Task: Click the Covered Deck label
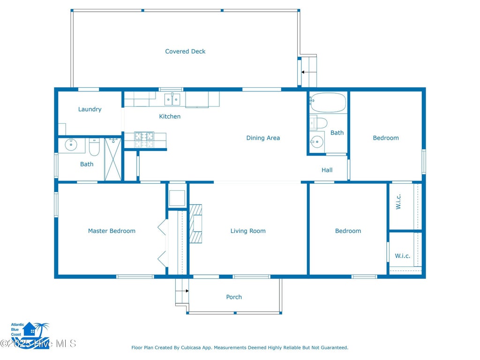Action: (185, 52)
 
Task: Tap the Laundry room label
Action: (90, 109)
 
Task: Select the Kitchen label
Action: (170, 116)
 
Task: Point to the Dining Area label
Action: (263, 138)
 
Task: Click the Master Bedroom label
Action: (112, 231)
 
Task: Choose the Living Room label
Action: (248, 231)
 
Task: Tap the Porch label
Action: (234, 297)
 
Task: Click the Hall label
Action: (327, 170)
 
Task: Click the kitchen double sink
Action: (172, 99)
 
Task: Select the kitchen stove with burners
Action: (144, 140)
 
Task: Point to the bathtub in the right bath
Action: (328, 103)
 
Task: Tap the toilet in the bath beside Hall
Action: (318, 123)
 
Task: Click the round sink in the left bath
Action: (71, 145)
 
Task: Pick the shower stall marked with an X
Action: (113, 159)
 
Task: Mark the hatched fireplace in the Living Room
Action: (195, 224)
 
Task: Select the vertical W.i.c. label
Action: (398, 202)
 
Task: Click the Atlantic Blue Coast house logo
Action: (30, 335)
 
